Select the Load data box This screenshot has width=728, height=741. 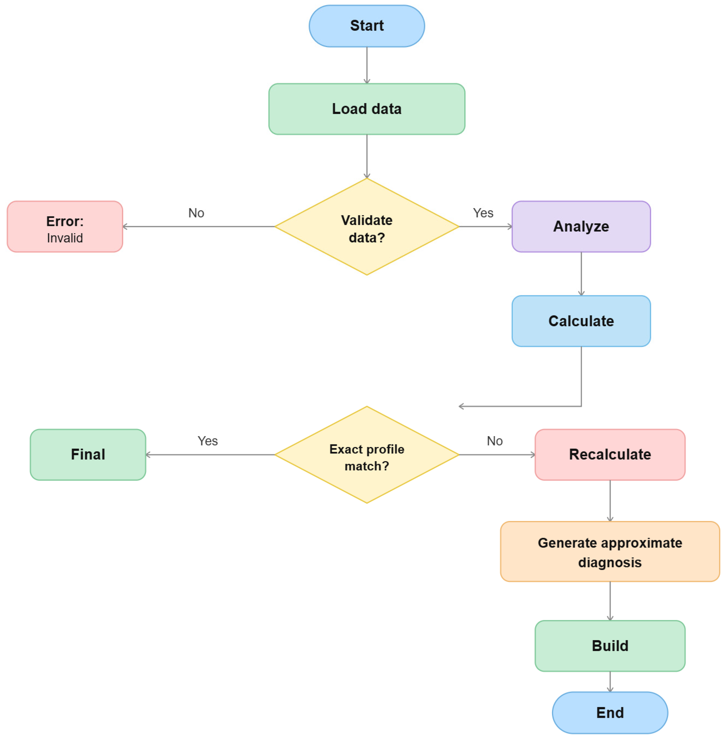[x=367, y=109]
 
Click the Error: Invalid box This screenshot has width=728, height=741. [x=65, y=226]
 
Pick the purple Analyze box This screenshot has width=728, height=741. [x=581, y=226]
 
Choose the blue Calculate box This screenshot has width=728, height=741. [x=581, y=321]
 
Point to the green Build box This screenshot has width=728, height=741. [x=610, y=646]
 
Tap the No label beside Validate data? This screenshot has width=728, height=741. [x=196, y=213]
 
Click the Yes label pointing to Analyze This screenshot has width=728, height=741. [x=483, y=213]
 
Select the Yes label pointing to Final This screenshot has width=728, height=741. [x=208, y=441]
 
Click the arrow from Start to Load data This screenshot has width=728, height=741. [x=367, y=65]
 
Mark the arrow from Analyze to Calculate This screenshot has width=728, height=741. [x=581, y=273]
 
